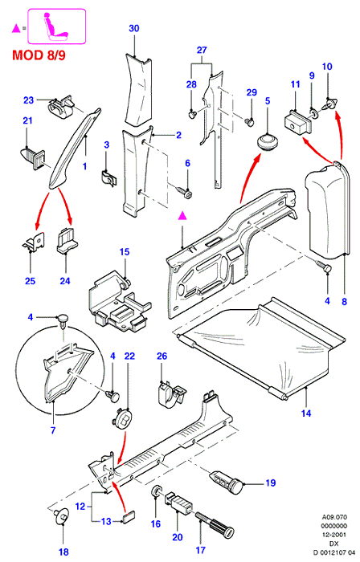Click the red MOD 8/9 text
[39, 55]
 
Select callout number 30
[133, 28]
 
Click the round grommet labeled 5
[268, 143]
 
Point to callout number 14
[306, 413]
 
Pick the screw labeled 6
[184, 191]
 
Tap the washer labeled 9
[314, 114]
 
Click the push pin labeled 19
[227, 481]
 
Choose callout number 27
[202, 50]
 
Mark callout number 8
[344, 301]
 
